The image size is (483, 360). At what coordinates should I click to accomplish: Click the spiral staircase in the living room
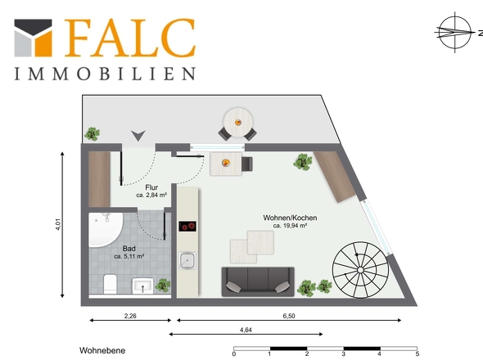coord(361,270)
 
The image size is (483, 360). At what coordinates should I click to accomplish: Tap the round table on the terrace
coord(238,122)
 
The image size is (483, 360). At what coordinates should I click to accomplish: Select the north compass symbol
coord(455,32)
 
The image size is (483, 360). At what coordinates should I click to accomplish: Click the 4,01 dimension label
coord(58,224)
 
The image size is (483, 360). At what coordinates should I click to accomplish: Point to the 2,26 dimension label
coord(130,316)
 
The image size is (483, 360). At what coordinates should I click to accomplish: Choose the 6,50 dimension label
coord(289,316)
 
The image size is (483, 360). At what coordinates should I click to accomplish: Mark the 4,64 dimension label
coord(246,330)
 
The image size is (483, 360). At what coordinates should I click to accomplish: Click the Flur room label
coord(151,187)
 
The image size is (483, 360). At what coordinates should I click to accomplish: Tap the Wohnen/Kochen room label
coord(290,218)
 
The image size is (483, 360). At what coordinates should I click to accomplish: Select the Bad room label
coord(129,248)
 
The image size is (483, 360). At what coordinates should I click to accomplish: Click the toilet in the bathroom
coord(110,284)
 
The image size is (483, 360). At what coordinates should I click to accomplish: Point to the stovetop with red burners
coord(187,227)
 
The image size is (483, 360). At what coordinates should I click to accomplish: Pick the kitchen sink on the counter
coord(187,260)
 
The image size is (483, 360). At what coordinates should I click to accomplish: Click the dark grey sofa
coord(258,281)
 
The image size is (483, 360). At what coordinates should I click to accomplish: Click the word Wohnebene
coord(102,350)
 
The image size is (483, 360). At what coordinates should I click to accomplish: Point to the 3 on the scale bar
coord(344,353)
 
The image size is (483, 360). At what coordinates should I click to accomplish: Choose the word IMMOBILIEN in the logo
coord(105,74)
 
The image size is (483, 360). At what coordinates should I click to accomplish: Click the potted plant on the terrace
coord(93,134)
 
